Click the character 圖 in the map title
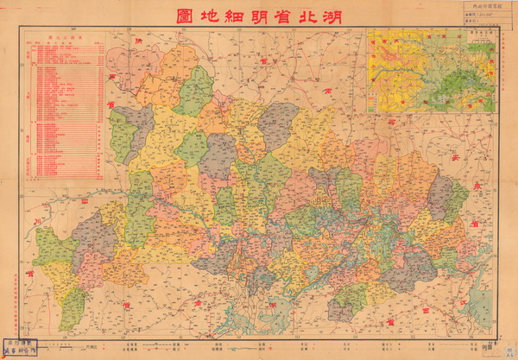[x=184, y=16]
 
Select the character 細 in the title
[x=234, y=16]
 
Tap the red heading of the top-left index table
[x=66, y=38]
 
